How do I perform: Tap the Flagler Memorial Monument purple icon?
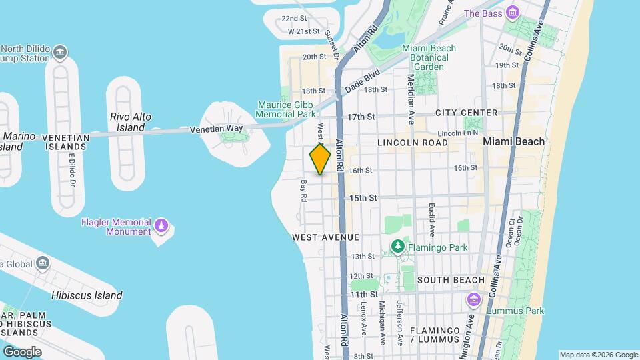point(161,226)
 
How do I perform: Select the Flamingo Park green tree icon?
point(398,247)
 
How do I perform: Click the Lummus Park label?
point(515,311)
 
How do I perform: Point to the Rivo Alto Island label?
point(130,122)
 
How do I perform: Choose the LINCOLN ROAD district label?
point(412,143)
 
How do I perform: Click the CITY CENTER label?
point(467,113)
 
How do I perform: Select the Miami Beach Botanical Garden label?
point(429,57)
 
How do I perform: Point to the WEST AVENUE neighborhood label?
point(325,237)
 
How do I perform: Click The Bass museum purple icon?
point(512,13)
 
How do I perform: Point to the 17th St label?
point(361,117)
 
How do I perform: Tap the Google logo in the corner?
point(22,351)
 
